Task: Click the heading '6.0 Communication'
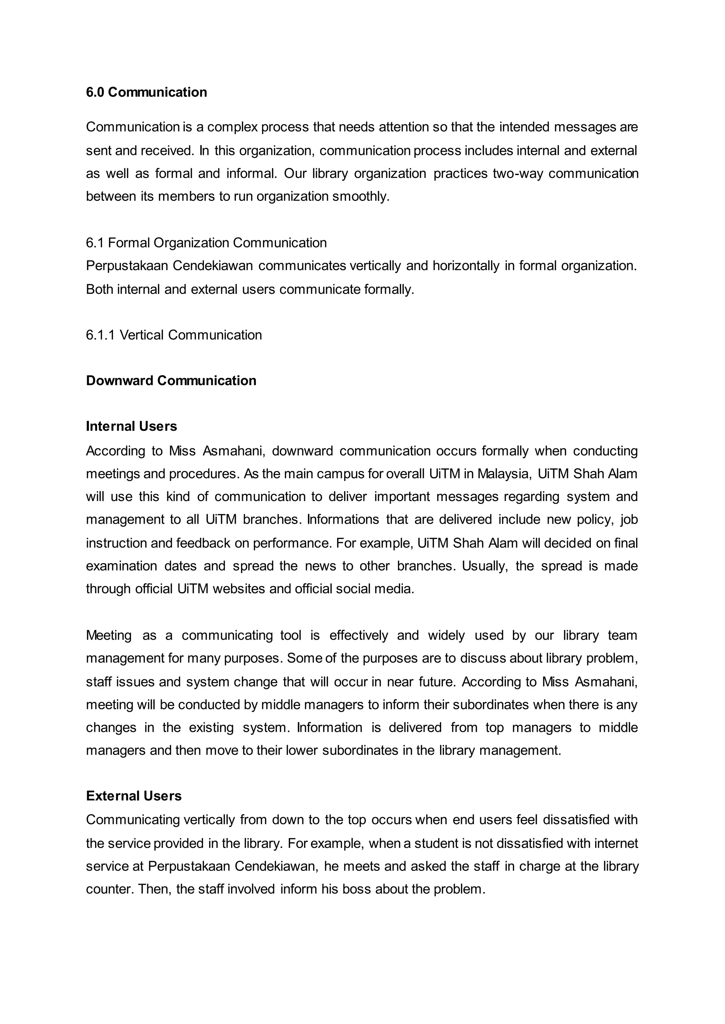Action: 147,92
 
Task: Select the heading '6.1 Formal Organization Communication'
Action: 206,243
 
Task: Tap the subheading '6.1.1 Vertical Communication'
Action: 174,335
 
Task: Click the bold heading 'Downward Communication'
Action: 171,380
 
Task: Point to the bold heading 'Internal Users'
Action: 131,426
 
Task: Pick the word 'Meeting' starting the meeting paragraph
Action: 108,635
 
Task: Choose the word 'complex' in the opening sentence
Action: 232,127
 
